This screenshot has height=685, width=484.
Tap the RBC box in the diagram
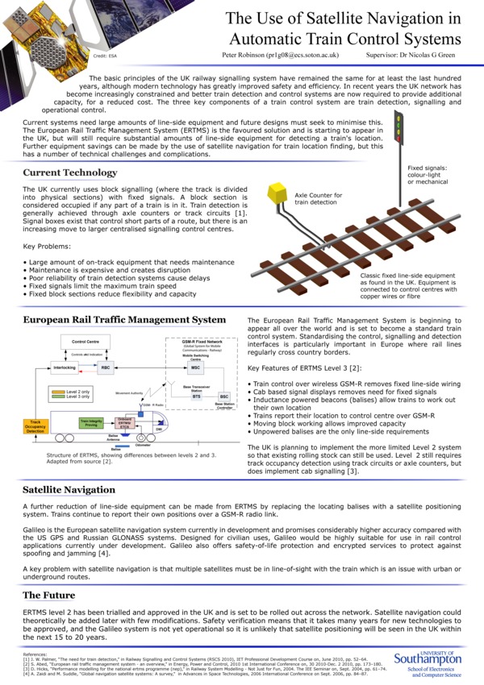pyautogui.click(x=106, y=367)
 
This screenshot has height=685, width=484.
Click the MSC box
pyautogui.click(x=195, y=367)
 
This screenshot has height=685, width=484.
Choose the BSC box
pyautogui.click(x=223, y=397)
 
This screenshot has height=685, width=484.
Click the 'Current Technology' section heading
pyautogui.click(x=70, y=172)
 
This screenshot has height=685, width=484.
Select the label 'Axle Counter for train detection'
pyautogui.click(x=318, y=199)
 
